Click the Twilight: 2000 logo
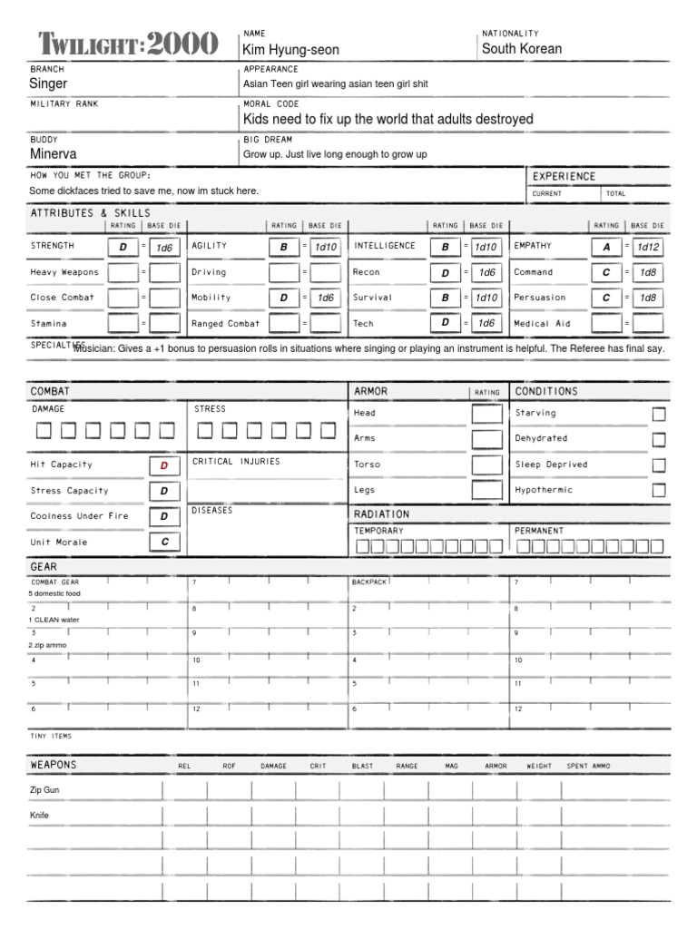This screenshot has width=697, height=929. coord(128,43)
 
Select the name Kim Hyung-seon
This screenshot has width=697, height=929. coord(290,50)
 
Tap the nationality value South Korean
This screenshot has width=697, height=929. coord(522,49)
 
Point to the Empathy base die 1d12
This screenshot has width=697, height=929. coord(648,247)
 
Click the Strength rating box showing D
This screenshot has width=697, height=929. coord(123,247)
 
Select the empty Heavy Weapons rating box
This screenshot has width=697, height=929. coord(123,272)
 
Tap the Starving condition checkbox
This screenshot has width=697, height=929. coord(659,414)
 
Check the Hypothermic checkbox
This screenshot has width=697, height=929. coord(659,490)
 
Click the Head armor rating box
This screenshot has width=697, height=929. coord(486,414)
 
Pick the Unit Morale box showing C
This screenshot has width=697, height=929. coord(164,542)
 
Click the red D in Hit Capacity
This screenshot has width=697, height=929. coord(164,465)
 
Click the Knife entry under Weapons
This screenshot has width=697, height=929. coord(40,816)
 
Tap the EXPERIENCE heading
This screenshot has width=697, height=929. coord(564,176)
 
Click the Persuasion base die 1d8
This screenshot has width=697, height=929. coord(648,298)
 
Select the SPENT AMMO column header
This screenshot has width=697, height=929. coord(588,767)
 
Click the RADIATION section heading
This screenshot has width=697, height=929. coord(381,514)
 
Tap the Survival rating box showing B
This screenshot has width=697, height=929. coord(446,298)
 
